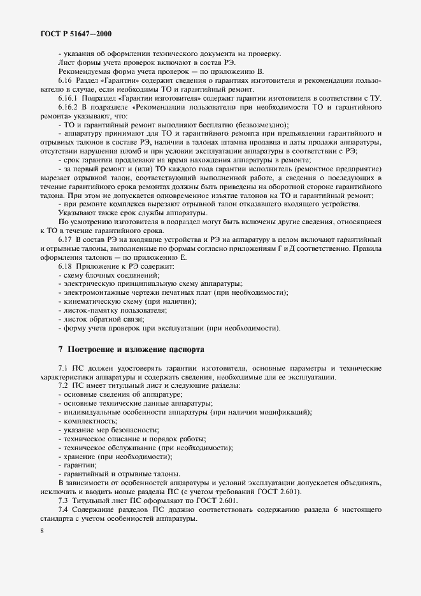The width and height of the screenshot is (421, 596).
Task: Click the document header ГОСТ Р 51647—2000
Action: tap(71, 32)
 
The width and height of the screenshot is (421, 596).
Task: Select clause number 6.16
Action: tap(65, 82)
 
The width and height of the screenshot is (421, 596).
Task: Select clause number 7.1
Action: tap(64, 369)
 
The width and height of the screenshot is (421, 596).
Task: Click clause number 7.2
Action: tap(64, 386)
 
